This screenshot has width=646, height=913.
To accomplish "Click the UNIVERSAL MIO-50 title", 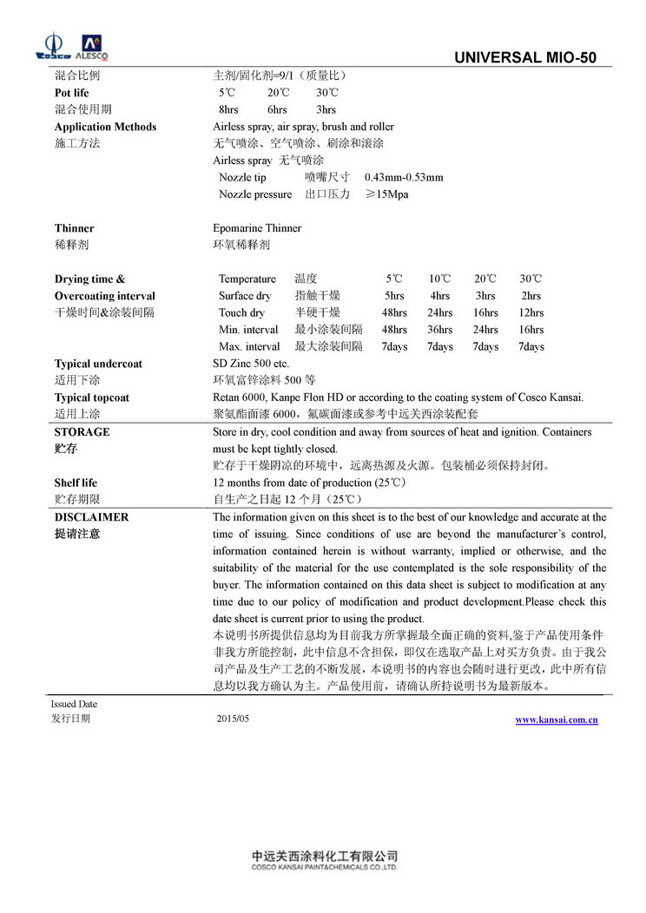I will [x=525, y=58].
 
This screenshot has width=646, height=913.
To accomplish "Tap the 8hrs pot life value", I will [x=228, y=109].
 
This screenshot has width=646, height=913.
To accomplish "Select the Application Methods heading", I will [x=105, y=127].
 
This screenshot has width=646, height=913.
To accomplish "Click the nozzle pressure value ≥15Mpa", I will [x=386, y=194].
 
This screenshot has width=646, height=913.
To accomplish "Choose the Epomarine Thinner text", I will [x=257, y=228].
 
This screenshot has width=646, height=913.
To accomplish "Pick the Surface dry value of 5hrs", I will [x=394, y=296].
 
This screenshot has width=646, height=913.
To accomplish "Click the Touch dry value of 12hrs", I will [x=531, y=312].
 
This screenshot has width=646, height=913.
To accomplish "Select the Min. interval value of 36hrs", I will [x=439, y=330].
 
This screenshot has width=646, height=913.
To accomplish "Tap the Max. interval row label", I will [x=249, y=346].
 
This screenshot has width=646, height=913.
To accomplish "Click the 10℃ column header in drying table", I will [x=439, y=279].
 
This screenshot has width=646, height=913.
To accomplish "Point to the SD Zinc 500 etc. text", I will [x=251, y=364].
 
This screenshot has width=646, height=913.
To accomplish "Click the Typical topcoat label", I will [x=91, y=397].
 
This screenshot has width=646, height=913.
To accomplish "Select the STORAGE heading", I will [x=82, y=431].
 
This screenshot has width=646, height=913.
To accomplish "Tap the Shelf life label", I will [x=76, y=483].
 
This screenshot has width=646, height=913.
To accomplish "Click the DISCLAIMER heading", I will [x=91, y=517].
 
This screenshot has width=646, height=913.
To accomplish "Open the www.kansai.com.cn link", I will [x=556, y=720].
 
